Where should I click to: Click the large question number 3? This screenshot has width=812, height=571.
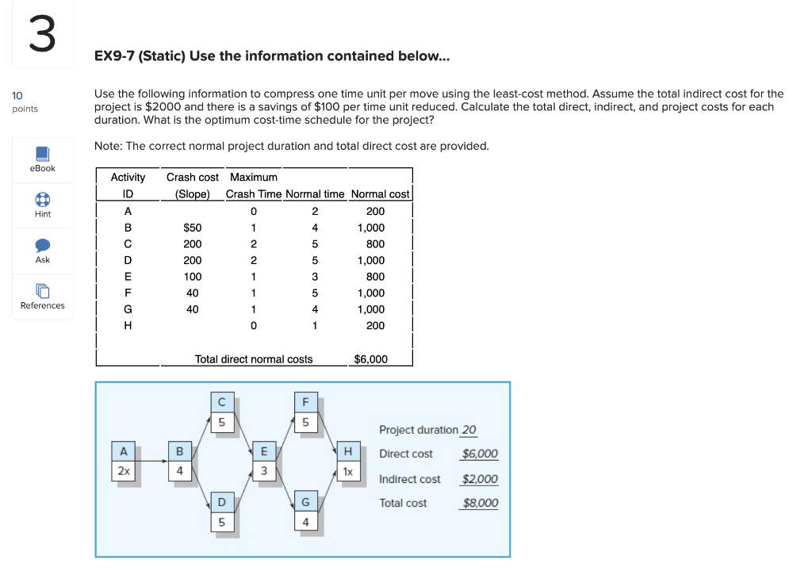[x=43, y=36]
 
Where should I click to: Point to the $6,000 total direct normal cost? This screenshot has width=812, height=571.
[x=370, y=359]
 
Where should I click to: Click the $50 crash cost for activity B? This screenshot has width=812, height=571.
[x=192, y=228]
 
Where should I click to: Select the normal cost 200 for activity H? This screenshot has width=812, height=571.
[x=375, y=326]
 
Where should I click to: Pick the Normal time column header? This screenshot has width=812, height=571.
[x=315, y=194]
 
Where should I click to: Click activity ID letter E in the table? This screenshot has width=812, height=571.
[x=128, y=277]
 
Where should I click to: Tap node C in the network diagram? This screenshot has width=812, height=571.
[x=221, y=402]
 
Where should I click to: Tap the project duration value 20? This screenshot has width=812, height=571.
[x=469, y=430]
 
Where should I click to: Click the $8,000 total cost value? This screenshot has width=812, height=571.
[x=481, y=503]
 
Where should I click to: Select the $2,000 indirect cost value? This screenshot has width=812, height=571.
[x=481, y=479]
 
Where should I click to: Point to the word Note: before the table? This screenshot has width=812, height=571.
[x=107, y=146]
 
